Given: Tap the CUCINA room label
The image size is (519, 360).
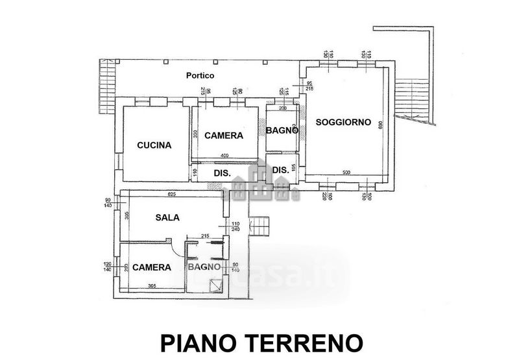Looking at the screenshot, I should click(x=154, y=145).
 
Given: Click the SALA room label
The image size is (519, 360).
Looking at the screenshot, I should click(x=167, y=218).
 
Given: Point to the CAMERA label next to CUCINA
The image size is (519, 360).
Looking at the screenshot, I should click(x=223, y=136).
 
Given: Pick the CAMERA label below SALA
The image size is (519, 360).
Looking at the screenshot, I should click(x=152, y=267).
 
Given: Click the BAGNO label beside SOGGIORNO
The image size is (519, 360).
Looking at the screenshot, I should click(x=282, y=130).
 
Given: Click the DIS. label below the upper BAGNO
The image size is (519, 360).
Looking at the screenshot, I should click(x=281, y=171).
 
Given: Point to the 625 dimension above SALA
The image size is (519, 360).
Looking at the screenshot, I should click(x=172, y=195).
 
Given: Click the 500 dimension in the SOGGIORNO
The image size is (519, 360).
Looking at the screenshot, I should click(x=346, y=173).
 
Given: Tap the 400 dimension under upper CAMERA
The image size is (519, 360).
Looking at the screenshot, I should click(x=224, y=156).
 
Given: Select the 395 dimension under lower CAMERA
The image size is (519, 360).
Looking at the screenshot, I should click(x=151, y=286).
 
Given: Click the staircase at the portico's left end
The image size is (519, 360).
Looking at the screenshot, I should click(x=106, y=84).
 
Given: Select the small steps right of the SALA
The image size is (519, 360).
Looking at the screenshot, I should click(x=259, y=226).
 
